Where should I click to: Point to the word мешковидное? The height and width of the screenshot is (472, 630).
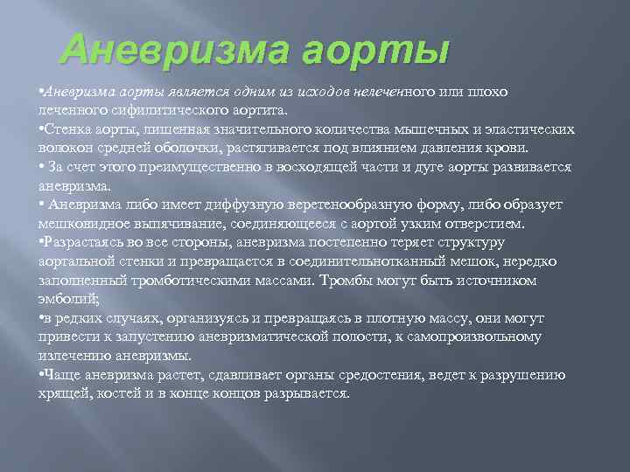[81, 223]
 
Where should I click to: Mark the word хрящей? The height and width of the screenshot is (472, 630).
[62, 393]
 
